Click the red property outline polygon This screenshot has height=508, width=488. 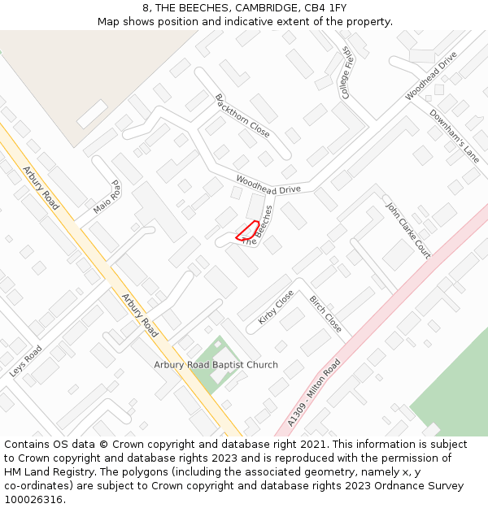[x=247, y=231]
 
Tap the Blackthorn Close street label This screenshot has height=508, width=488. [x=242, y=115]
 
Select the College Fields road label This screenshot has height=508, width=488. [x=346, y=73]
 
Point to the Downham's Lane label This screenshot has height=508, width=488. [x=455, y=136]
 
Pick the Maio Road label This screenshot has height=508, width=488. [x=107, y=198]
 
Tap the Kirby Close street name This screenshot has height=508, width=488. [x=276, y=308]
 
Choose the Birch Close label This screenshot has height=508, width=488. [x=325, y=314]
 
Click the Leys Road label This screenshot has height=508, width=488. [x=26, y=361]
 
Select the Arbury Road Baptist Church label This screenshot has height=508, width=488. [x=216, y=365]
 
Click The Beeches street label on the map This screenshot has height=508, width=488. [x=259, y=224]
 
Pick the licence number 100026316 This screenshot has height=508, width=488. [x=35, y=500]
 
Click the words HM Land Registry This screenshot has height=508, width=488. [x=46, y=472]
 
